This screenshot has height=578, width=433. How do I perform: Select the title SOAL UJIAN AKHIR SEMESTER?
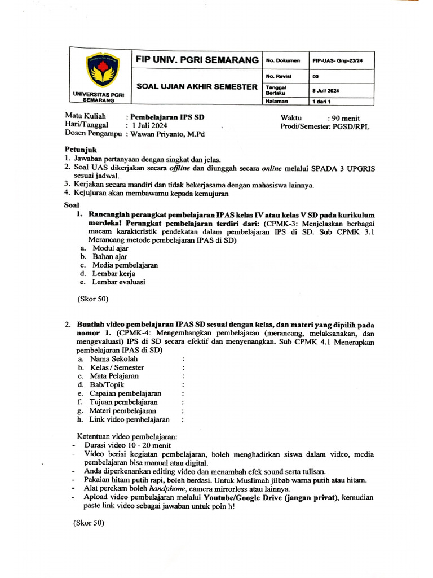pyautogui.click(x=197, y=86)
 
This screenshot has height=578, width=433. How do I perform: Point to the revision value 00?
pyautogui.click(x=315, y=75)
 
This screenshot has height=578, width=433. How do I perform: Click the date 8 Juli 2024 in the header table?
pyautogui.click(x=325, y=90)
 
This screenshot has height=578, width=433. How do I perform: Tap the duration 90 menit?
pyautogui.click(x=352, y=117)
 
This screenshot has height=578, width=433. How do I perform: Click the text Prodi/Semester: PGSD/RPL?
pyautogui.click(x=325, y=126)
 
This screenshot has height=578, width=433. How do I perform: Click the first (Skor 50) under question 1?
pyautogui.click(x=92, y=299)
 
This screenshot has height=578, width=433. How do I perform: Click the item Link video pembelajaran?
pyautogui.click(x=130, y=419)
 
